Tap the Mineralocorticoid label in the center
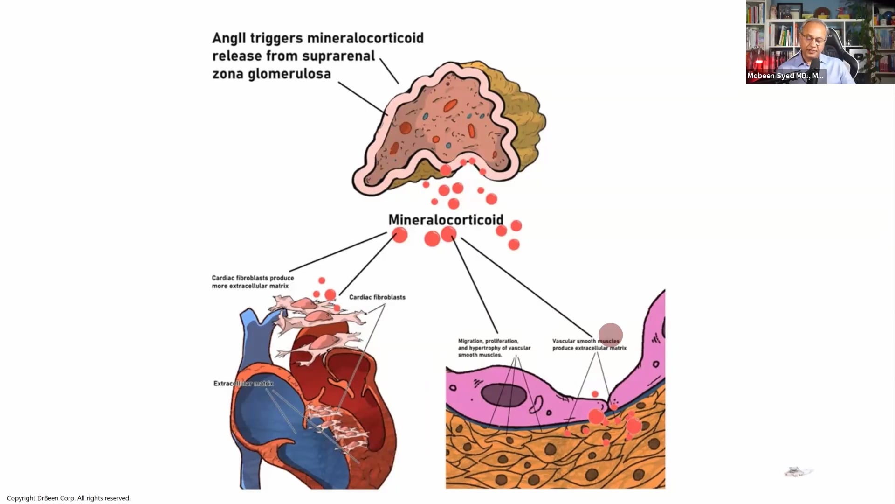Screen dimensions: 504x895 click(x=446, y=219)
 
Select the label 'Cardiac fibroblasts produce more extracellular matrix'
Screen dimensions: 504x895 click(x=253, y=282)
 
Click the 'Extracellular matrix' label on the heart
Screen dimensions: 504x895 click(x=243, y=384)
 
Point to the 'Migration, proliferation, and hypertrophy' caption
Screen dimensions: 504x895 click(x=494, y=348)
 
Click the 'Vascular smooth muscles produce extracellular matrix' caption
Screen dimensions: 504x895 click(x=589, y=345)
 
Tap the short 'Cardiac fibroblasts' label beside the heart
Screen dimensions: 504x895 click(x=377, y=297)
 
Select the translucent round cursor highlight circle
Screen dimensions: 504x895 click(x=611, y=335)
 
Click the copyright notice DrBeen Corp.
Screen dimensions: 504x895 click(x=69, y=498)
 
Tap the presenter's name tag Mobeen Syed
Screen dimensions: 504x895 click(x=785, y=76)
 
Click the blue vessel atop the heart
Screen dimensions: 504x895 click(x=252, y=327)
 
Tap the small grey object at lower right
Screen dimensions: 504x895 click(x=798, y=471)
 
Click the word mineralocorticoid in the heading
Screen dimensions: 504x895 click(x=365, y=38)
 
